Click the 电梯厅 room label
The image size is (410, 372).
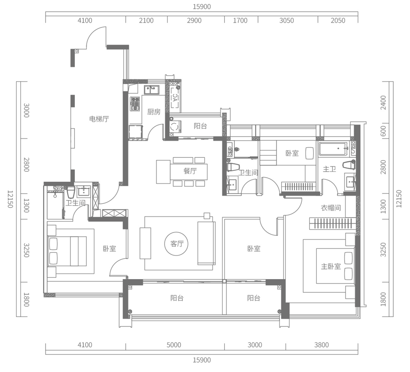99,119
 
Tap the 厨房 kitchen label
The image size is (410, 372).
154,112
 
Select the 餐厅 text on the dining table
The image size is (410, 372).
190,171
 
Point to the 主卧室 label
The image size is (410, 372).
331,266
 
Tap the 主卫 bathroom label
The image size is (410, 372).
329,169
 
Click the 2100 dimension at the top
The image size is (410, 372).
146,21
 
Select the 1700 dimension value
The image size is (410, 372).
240,21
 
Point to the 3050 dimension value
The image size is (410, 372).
286,21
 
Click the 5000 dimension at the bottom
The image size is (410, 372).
174,345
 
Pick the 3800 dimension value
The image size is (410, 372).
321,345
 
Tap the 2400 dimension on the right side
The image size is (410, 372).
383,103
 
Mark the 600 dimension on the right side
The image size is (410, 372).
383,131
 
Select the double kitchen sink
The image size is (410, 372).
152,90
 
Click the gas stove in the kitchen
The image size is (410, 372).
135,104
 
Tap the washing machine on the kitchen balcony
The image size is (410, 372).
175,127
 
